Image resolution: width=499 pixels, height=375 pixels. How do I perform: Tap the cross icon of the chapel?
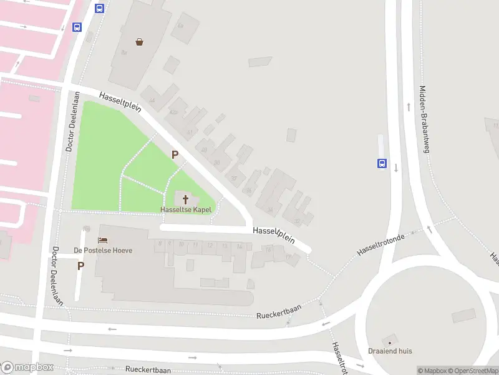[x=185, y=199]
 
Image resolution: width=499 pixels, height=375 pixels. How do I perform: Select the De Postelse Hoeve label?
[x=104, y=250]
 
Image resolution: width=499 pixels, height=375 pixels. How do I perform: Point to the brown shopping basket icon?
[x=140, y=42]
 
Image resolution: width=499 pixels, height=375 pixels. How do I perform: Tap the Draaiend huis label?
[x=390, y=351]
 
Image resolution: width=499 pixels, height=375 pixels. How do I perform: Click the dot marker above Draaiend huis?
[x=390, y=342]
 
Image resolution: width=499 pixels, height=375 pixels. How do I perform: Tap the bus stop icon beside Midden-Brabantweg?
[x=382, y=164]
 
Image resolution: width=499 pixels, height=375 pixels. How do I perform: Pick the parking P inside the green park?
[x=175, y=154]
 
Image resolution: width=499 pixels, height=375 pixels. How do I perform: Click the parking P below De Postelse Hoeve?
[x=80, y=266]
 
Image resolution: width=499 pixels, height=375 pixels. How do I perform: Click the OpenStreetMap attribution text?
[x=471, y=371]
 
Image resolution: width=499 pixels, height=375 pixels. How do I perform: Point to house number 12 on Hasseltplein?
[x=210, y=246]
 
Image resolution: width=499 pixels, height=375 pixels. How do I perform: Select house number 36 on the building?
[x=270, y=209]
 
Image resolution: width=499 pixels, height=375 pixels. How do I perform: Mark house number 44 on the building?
[x=152, y=100]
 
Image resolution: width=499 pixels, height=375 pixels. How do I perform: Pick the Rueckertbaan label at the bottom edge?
[x=148, y=370]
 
